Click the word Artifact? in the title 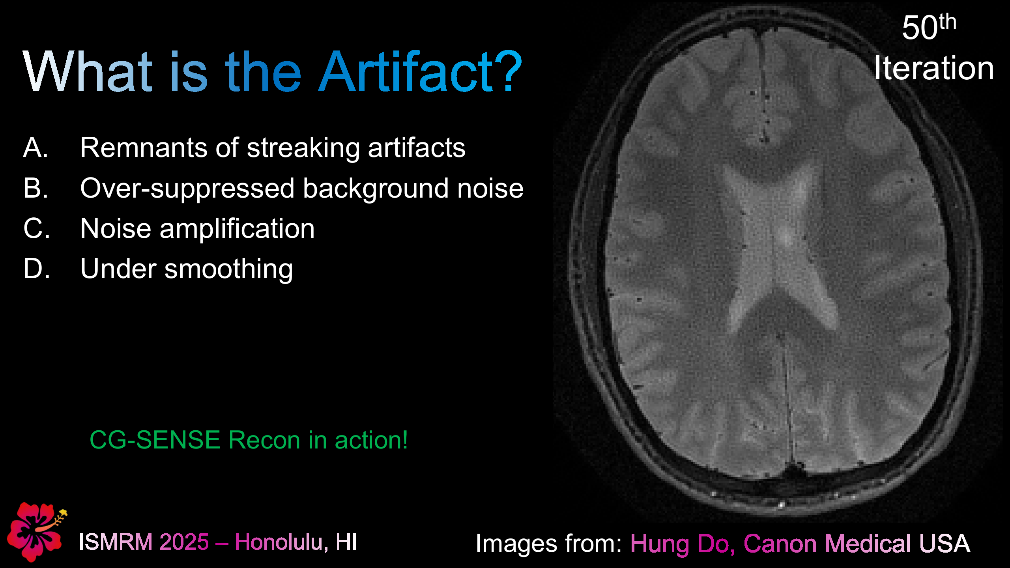click(420, 72)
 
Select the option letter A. click(36, 148)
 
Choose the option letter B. click(36, 188)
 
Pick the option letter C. click(36, 228)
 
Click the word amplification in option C click(237, 228)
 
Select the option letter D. click(36, 269)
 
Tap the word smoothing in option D click(228, 269)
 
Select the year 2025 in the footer click(184, 542)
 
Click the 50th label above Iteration click(929, 28)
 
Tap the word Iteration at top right click(933, 68)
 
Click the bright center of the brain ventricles click(783, 237)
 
